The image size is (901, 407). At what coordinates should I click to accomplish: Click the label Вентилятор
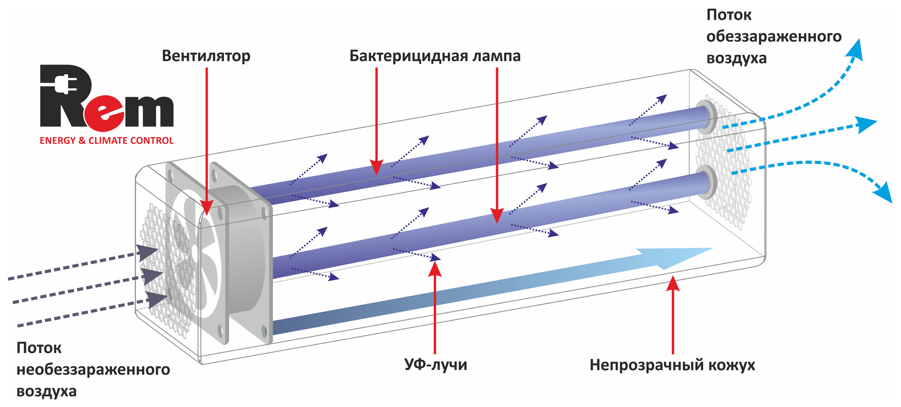[206, 56]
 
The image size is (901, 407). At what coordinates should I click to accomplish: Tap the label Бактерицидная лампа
[435, 56]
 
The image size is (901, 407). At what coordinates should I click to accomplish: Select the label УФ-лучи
[436, 364]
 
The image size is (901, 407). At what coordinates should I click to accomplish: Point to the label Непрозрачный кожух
[672, 365]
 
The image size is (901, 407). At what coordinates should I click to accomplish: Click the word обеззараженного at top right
[774, 36]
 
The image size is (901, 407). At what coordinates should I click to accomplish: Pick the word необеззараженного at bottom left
[93, 370]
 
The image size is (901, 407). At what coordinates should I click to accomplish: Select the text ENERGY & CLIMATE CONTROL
[107, 140]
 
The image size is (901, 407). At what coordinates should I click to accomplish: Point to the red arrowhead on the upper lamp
[377, 167]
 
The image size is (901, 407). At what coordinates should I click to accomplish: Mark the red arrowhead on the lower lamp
[497, 216]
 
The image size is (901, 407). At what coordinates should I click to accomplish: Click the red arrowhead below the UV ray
[435, 269]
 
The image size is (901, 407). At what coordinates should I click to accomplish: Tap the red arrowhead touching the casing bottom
[673, 284]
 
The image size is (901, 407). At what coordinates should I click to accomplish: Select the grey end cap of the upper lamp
[705, 117]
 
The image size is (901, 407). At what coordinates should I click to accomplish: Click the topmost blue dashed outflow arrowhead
[854, 50]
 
